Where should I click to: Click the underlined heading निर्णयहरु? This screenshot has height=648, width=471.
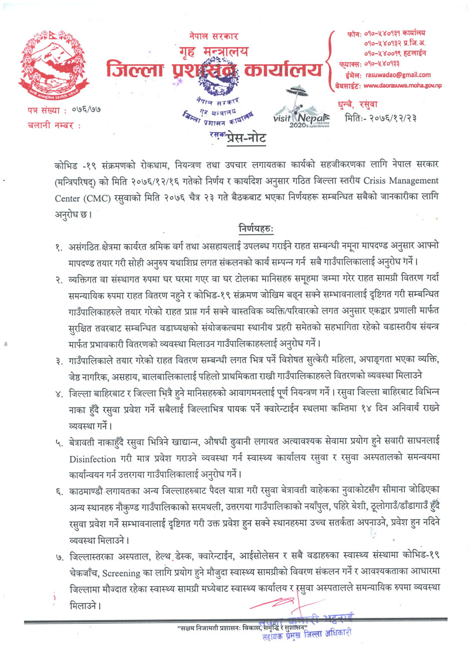[x=256, y=229]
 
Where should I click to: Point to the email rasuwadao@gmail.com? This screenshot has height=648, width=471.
[x=398, y=75]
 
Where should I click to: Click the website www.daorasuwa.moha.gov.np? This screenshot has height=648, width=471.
[x=403, y=86]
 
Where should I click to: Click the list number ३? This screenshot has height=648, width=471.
[x=59, y=360]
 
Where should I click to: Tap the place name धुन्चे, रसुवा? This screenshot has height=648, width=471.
[x=358, y=104]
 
